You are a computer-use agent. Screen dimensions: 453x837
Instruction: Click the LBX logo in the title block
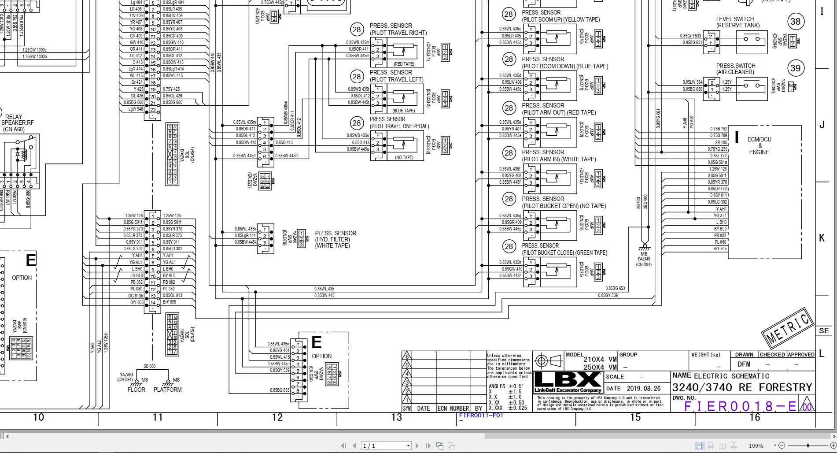[x=568, y=382]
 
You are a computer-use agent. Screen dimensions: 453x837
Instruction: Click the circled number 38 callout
[x=795, y=22]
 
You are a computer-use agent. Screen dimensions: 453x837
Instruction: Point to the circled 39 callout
[x=795, y=68]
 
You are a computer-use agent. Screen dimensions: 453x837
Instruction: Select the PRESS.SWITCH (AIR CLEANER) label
[x=735, y=69]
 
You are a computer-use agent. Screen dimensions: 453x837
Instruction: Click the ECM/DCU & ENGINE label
[x=759, y=145]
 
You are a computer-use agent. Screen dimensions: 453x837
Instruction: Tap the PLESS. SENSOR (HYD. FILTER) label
[x=336, y=239]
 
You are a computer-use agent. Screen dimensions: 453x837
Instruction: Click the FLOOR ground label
[x=136, y=390]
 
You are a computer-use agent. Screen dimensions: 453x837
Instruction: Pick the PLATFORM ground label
[x=167, y=390]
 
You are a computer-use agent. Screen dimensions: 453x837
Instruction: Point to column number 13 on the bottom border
[x=397, y=417]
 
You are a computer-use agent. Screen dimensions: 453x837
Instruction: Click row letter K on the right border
[x=822, y=238]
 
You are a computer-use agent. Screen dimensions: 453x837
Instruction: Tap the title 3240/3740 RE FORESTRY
[x=741, y=387]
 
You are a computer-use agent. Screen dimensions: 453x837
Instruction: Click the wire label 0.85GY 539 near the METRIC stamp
[x=608, y=295]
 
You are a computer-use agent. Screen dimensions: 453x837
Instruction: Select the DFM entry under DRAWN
[x=744, y=364]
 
